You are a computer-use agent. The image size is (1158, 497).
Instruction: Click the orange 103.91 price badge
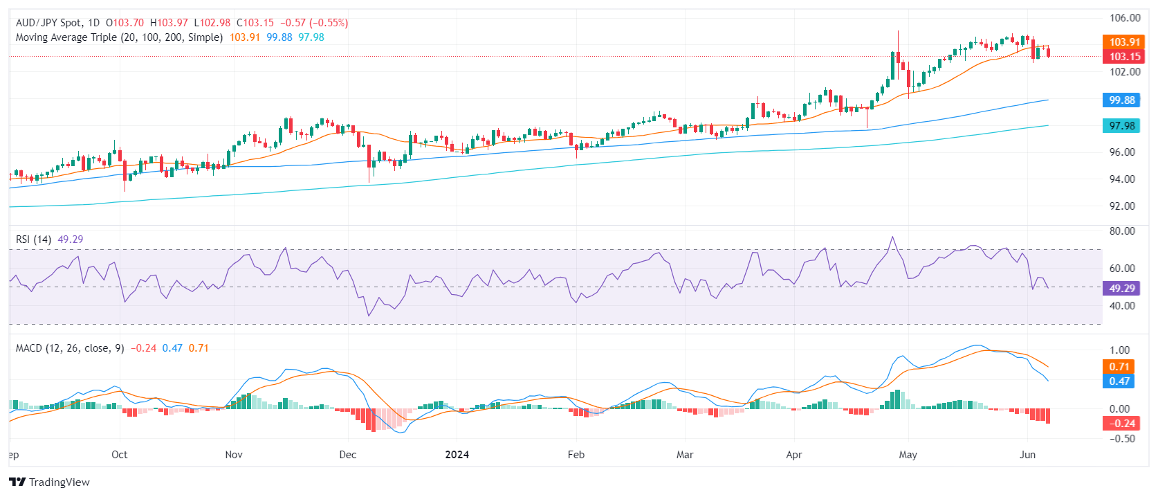[x=1124, y=42]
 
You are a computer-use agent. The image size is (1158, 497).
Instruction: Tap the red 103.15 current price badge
[x=1124, y=57]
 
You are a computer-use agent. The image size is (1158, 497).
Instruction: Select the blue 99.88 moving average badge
[x=1121, y=100]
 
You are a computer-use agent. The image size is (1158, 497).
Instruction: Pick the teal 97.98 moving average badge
[x=1121, y=126]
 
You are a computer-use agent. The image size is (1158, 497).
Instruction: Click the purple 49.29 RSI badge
[x=1121, y=289]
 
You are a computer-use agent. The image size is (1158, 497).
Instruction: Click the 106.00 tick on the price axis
[x=1125, y=18]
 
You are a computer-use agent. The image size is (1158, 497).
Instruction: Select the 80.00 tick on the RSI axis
[x=1122, y=231]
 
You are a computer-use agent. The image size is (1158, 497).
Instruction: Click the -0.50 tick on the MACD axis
[x=1121, y=439]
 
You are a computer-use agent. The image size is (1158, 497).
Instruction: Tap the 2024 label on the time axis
[x=457, y=455]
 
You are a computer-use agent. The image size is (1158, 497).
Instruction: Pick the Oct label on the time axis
[x=120, y=455]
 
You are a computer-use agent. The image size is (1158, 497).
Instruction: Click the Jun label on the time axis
[x=1028, y=455]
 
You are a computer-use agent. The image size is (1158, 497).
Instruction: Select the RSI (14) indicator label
[x=33, y=240]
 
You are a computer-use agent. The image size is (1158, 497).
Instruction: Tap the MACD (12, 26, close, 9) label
[x=70, y=348]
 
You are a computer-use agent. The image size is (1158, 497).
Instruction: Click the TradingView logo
[x=50, y=482]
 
